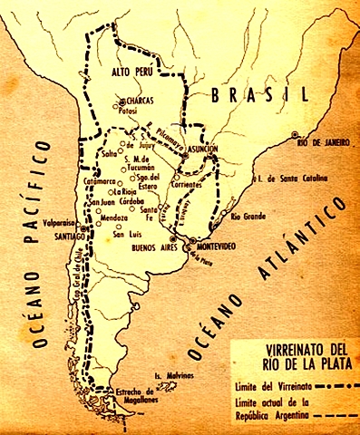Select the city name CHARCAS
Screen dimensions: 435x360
[143, 102]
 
